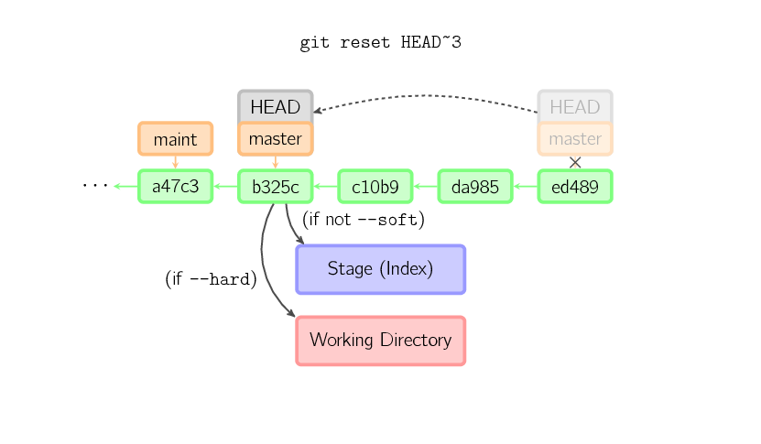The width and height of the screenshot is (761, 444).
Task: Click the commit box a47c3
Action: coord(175,187)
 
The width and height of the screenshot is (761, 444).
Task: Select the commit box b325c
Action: coord(275,187)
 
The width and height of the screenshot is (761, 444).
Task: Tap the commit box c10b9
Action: coord(375,187)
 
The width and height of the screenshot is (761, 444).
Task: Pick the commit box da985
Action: coord(475,187)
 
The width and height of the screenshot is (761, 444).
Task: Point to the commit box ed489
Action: coord(575,187)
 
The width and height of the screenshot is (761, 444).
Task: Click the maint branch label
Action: coord(175,139)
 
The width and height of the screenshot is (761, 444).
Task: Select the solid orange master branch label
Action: coord(275,139)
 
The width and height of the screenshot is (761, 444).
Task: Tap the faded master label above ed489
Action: coord(575,139)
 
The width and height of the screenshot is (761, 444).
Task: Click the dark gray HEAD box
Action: coord(275,106)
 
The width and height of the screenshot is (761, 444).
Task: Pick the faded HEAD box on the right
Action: coord(575,106)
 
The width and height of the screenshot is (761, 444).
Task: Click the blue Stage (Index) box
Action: coord(381,269)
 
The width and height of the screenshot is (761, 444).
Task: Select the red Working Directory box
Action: coord(381,341)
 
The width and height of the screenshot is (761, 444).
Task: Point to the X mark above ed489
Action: coord(575,163)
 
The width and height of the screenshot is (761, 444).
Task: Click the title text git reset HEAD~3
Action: coord(381,43)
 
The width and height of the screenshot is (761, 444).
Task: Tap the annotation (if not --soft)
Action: coord(364,220)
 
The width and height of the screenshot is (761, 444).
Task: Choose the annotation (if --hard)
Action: coord(212,279)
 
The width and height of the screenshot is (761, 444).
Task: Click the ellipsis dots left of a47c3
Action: coord(95,185)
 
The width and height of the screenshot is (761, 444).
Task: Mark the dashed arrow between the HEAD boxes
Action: coord(426,95)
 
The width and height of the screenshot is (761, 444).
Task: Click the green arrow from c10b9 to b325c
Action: coord(326,187)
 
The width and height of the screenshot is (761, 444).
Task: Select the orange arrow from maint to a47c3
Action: coord(175,162)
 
